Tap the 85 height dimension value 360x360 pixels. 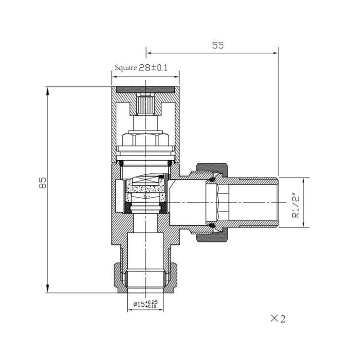[43, 183]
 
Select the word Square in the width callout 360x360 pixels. [126, 68]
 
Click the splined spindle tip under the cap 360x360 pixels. [145, 104]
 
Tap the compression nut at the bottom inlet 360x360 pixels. [145, 279]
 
